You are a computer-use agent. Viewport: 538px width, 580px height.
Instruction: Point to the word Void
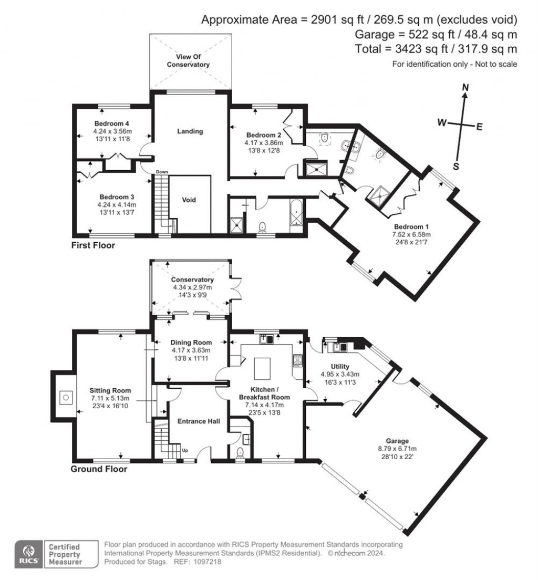pyautogui.click(x=189, y=200)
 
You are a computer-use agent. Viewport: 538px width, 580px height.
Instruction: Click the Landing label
pyautogui.click(x=190, y=131)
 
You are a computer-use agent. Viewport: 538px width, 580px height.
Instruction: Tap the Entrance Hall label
pyautogui.click(x=198, y=421)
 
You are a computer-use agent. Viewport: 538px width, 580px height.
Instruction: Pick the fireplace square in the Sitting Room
pyautogui.click(x=65, y=398)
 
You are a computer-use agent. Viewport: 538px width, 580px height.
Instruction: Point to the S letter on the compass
pyautogui.click(x=456, y=167)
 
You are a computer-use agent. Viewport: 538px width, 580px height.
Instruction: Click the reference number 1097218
pyautogui.click(x=207, y=562)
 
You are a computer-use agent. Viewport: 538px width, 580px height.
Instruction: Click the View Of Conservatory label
pyautogui.click(x=188, y=60)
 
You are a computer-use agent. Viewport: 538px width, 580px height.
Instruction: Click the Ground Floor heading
pyautogui.click(x=99, y=469)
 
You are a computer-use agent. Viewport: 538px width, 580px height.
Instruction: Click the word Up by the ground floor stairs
pyautogui.click(x=184, y=450)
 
